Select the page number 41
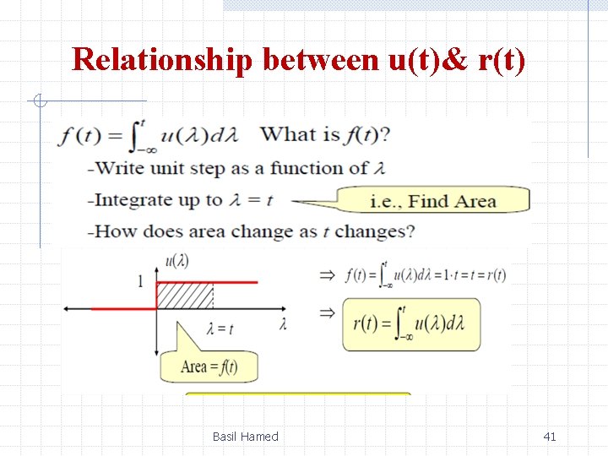coord(550,437)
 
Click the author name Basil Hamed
coord(245,437)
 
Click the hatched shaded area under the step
coord(185,296)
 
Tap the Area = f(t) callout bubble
coord(209,366)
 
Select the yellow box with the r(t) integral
coord(411,324)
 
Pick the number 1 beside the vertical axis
coord(140,281)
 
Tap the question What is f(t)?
coord(325,134)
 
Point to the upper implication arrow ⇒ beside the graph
coord(326,274)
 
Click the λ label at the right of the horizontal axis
coord(282,324)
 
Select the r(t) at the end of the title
coord(500,60)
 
